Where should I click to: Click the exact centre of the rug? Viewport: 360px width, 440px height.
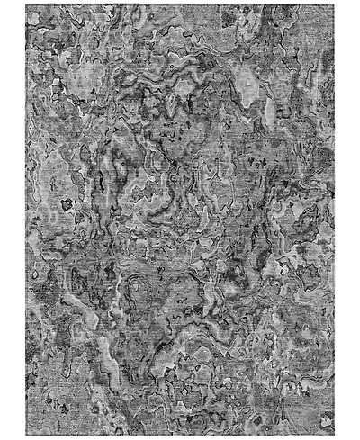pos(180,220)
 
